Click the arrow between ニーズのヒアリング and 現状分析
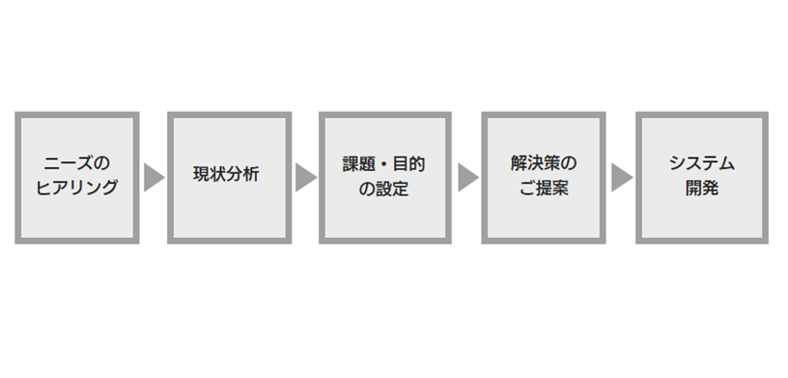(153, 178)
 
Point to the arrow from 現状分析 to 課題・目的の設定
(305, 178)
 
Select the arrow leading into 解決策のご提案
(466, 178)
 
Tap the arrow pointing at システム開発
(621, 178)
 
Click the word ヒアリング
(77, 189)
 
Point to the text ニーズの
(77, 164)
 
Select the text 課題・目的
(383, 164)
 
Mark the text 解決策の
(543, 164)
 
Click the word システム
(702, 164)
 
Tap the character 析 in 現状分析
(251, 177)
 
